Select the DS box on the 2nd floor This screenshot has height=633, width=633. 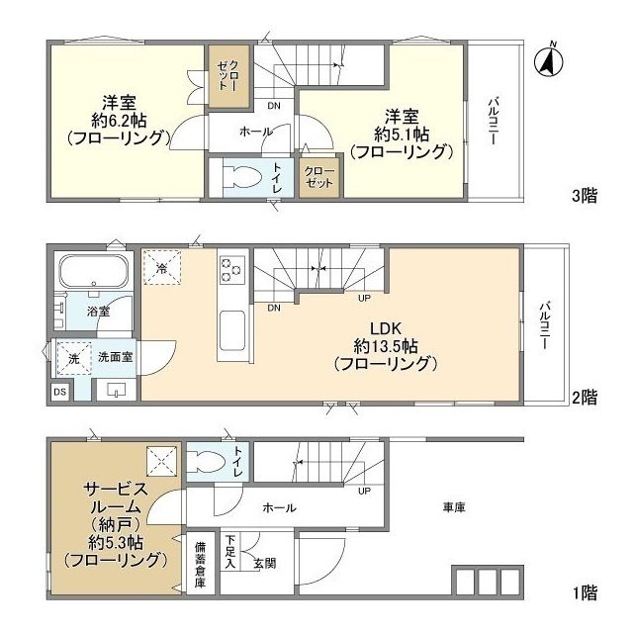click(60, 392)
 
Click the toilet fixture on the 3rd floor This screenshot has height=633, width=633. click(242, 177)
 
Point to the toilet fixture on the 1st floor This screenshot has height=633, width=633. click(207, 461)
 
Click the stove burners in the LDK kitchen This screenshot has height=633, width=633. click(231, 268)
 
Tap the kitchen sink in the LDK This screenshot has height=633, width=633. click(231, 331)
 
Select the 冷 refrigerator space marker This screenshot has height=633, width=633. click(162, 268)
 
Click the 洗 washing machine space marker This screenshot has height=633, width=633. click(74, 358)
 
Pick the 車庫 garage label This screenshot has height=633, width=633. click(454, 507)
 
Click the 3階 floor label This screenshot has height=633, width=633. click(585, 196)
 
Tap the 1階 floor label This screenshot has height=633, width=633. click(585, 593)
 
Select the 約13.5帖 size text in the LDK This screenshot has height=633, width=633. click(386, 346)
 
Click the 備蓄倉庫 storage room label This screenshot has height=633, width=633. click(201, 565)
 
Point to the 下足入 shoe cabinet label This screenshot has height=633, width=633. click(230, 552)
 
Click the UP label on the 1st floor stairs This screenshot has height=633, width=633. click(364, 491)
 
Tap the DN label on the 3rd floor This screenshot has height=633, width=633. click(274, 106)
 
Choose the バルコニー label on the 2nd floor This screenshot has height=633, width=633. click(546, 325)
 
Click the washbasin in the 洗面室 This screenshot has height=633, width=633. click(117, 390)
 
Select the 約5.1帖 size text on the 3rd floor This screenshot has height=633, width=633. click(402, 135)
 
